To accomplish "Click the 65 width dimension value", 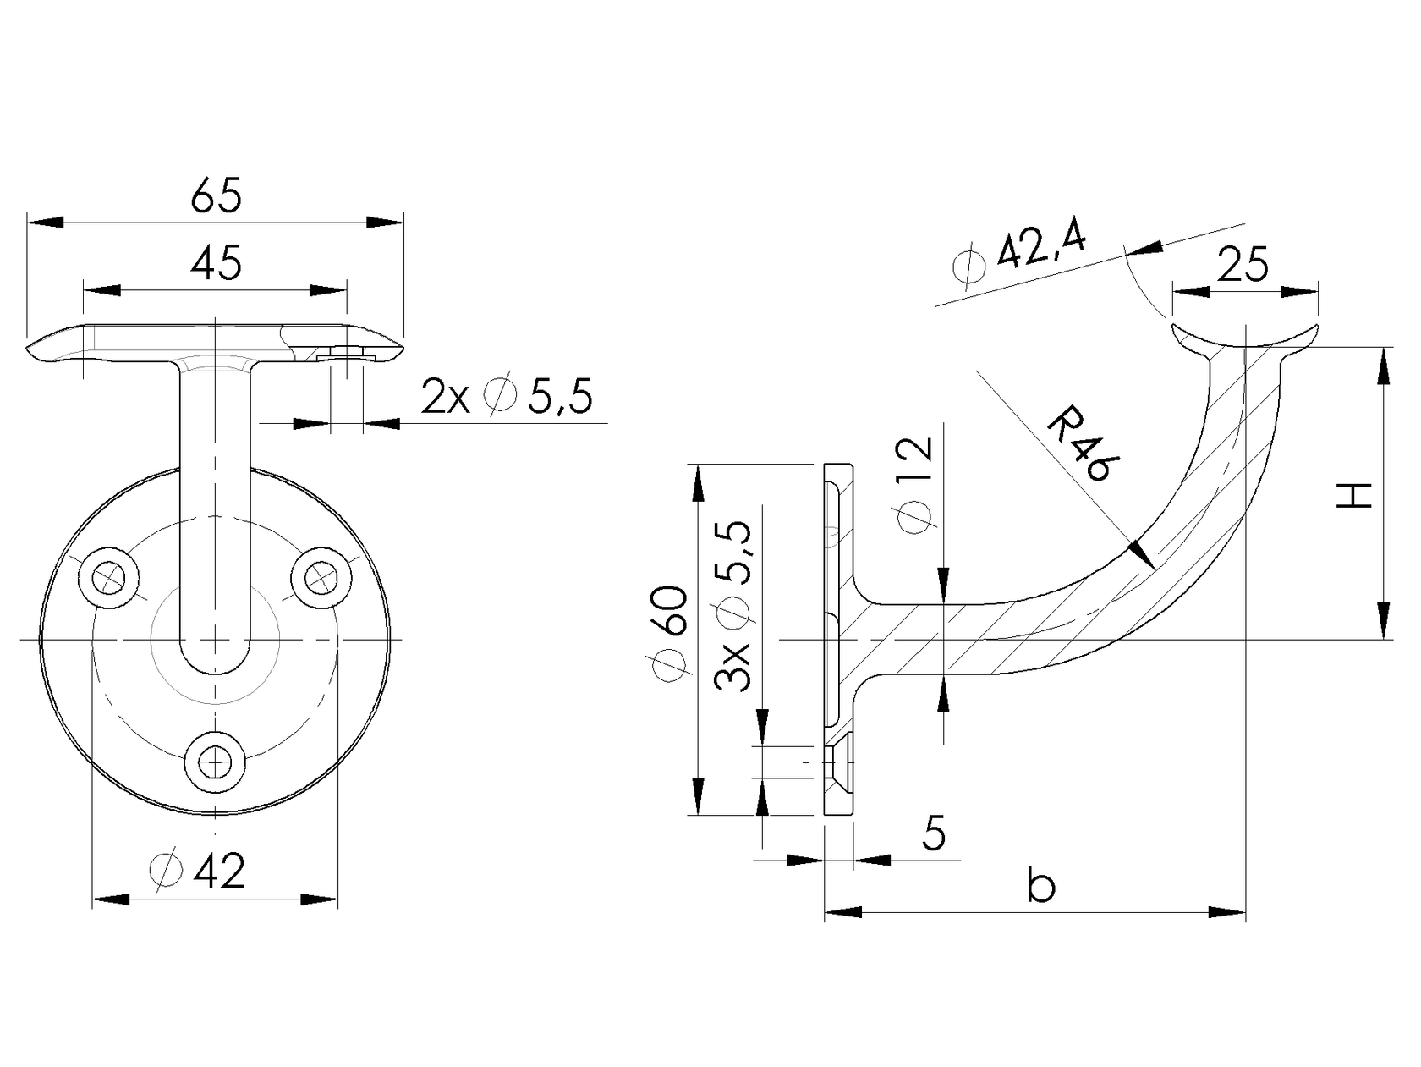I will (x=216, y=195).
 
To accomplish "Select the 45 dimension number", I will (x=216, y=263).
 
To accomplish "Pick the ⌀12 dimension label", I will (x=915, y=484).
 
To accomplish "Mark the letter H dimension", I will (x=1354, y=496).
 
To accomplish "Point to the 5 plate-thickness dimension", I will (x=933, y=833).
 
